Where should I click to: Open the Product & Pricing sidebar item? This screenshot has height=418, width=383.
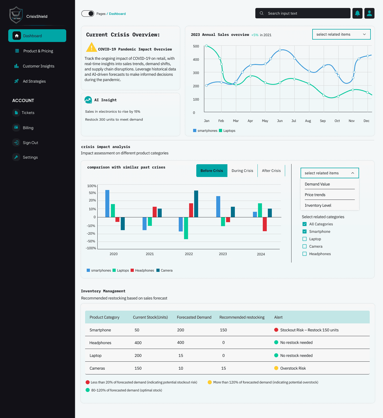(38, 51)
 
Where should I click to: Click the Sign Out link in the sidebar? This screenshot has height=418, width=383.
(30, 143)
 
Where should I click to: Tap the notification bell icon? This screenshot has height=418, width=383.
(357, 13)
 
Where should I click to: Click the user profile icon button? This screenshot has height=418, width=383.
(369, 13)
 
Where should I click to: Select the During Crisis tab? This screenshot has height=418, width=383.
(242, 171)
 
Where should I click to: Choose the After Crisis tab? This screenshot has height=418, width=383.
(271, 171)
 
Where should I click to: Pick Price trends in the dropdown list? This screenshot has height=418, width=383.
(315, 195)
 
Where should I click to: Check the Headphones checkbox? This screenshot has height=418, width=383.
(305, 254)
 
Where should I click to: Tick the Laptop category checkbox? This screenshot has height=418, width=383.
(305, 239)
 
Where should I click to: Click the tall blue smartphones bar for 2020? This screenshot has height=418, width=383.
(107, 204)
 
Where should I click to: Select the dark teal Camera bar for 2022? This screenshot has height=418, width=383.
(196, 204)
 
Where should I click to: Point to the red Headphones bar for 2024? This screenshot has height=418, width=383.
(265, 224)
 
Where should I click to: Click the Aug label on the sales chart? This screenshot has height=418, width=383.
(308, 121)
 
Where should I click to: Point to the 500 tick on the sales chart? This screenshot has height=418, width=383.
(196, 46)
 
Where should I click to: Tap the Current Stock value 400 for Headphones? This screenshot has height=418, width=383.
(138, 343)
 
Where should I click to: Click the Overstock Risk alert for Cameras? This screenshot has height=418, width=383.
(293, 368)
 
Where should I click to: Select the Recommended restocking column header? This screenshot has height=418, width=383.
(242, 317)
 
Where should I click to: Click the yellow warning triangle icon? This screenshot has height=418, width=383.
(91, 48)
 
